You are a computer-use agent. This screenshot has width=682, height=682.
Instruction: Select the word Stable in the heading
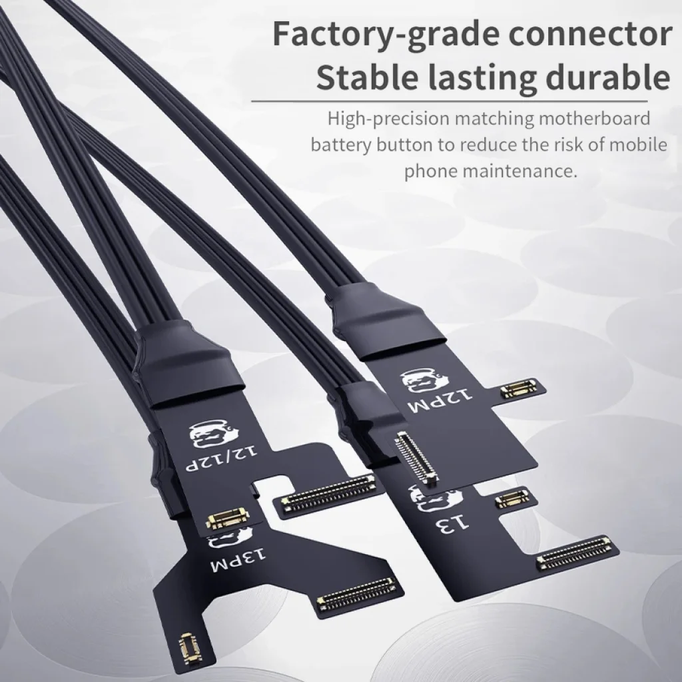[368, 77]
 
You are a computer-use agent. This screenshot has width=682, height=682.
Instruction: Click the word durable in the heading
[607, 77]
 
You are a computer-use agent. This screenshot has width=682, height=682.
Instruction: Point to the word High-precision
[389, 119]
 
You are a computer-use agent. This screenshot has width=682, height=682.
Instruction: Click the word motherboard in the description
[594, 119]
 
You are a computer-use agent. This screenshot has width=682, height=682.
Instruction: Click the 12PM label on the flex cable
[440, 400]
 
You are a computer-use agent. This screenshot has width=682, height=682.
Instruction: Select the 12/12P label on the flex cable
[222, 458]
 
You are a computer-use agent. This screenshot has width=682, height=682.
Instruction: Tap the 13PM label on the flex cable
[238, 561]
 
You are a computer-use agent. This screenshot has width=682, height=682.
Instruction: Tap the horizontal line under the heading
[450, 101]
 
